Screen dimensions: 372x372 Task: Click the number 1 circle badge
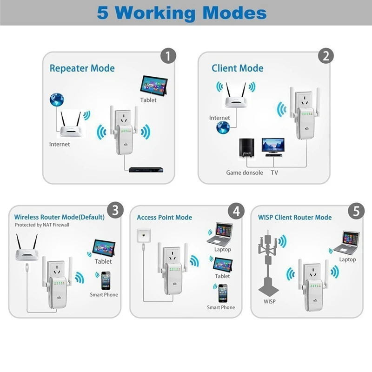pyautogui.click(x=168, y=56)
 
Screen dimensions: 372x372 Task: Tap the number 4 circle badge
pyautogui.click(x=236, y=211)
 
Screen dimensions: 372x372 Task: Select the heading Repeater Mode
pyautogui.click(x=82, y=68)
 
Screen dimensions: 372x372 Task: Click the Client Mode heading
pyautogui.click(x=238, y=68)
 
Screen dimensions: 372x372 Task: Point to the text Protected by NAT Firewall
pyautogui.click(x=42, y=225)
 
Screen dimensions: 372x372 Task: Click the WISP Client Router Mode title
pyautogui.click(x=295, y=217)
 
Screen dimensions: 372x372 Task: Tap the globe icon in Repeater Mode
pyautogui.click(x=57, y=100)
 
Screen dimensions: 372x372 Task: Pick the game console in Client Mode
pyautogui.click(x=247, y=148)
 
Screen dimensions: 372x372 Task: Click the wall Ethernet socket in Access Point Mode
pyautogui.click(x=144, y=235)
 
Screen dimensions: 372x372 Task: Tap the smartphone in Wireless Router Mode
pyautogui.click(x=106, y=281)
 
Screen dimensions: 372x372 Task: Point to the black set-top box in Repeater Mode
pyautogui.click(x=146, y=170)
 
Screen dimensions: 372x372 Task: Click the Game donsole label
pyautogui.click(x=245, y=173)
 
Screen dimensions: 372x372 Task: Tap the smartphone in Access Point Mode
pyautogui.click(x=223, y=293)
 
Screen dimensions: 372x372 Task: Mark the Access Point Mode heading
pyautogui.click(x=165, y=217)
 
